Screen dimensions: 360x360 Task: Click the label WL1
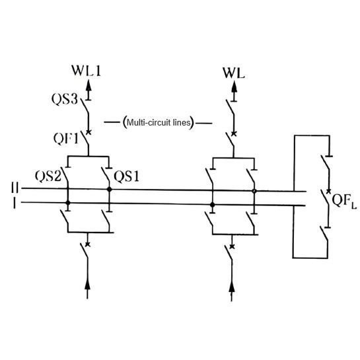(x=88, y=68)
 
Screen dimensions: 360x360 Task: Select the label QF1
(x=67, y=138)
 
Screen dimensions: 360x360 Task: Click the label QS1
(x=127, y=176)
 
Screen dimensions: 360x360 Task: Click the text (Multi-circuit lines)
(x=158, y=123)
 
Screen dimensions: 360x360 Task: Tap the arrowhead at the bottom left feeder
(x=88, y=286)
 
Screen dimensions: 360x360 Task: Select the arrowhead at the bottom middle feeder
(x=231, y=286)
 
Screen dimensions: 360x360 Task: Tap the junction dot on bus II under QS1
(x=109, y=190)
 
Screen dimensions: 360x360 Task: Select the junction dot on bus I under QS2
(x=67, y=204)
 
